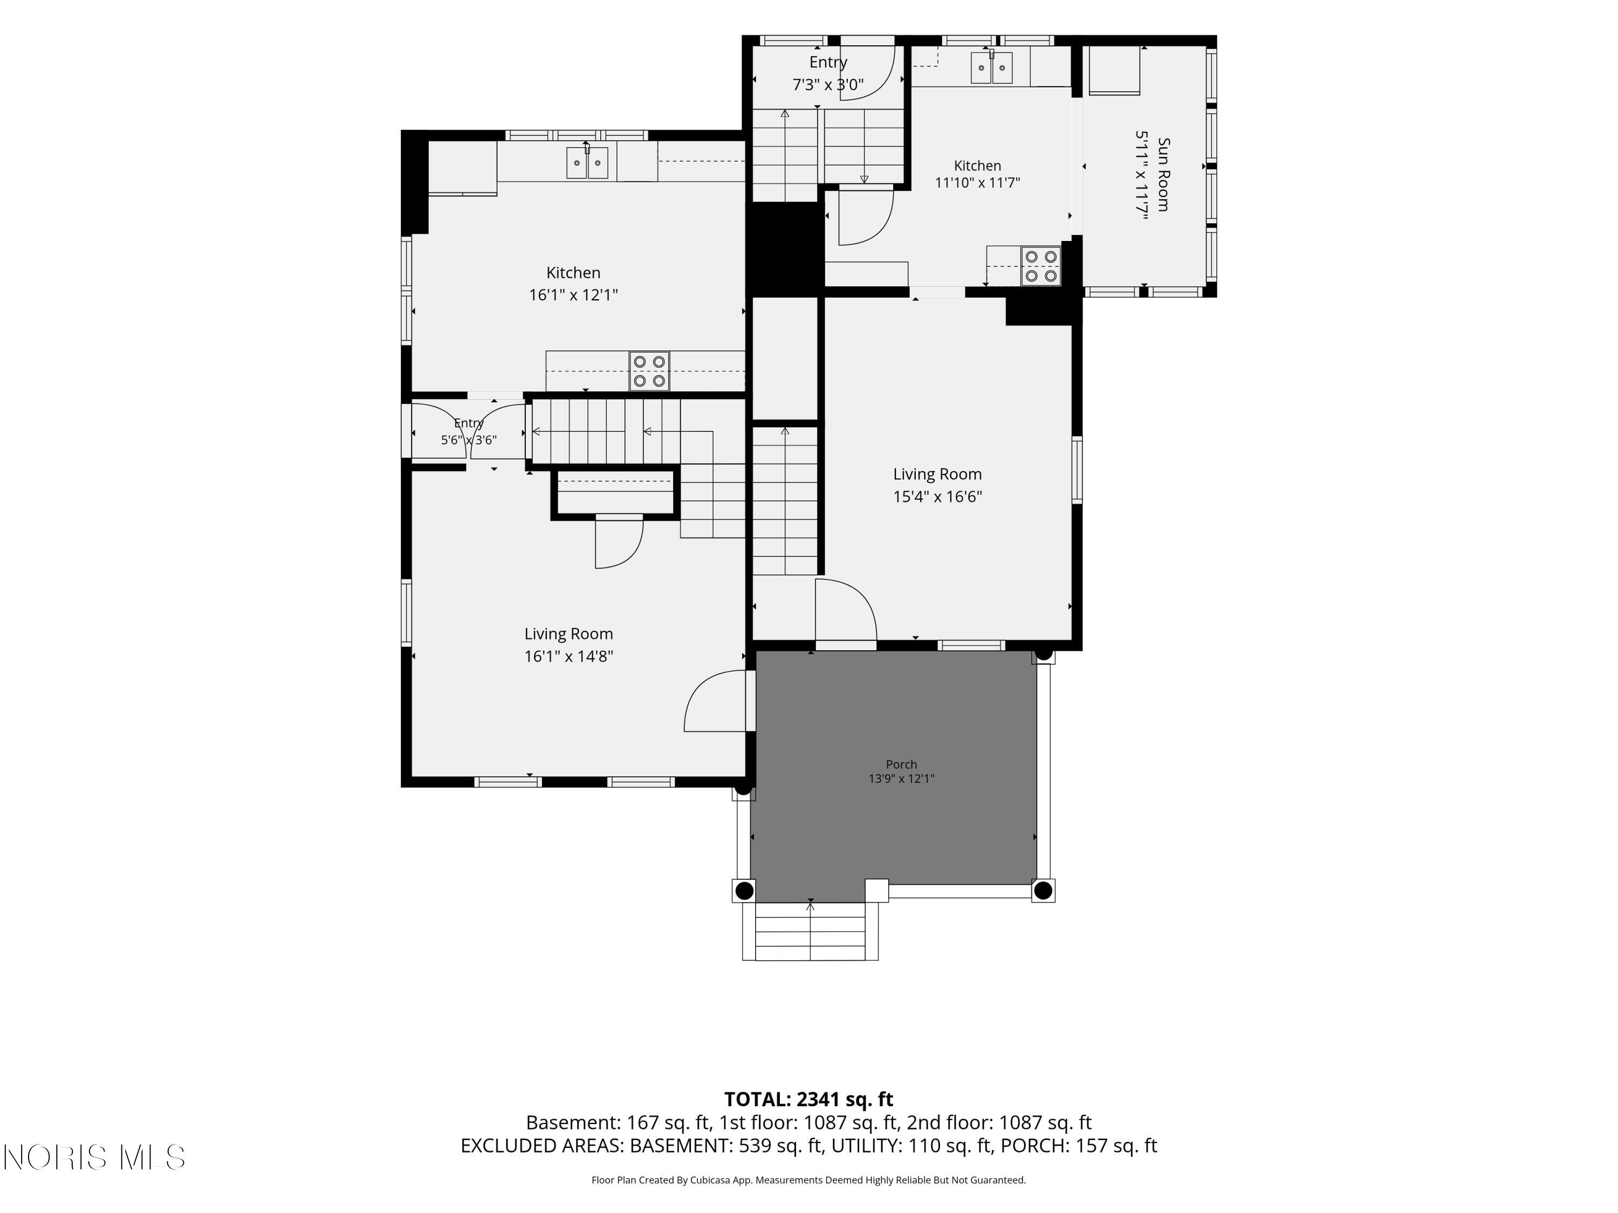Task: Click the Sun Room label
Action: [x=1163, y=175]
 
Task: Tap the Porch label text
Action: [x=901, y=764]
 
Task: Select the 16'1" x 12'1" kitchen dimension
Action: [x=573, y=295]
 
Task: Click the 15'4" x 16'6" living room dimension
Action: [x=937, y=497]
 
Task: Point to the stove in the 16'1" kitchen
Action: [x=649, y=371]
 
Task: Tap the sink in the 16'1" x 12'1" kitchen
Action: [x=587, y=162]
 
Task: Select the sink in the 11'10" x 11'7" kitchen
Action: [x=992, y=67]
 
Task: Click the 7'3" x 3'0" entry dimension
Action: [x=828, y=85]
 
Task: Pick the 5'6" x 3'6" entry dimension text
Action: [x=469, y=440]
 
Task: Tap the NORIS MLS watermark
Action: [x=94, y=1157]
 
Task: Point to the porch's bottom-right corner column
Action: [x=1043, y=891]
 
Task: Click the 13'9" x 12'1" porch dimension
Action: [x=901, y=778]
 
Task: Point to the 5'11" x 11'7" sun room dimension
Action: [x=1141, y=175]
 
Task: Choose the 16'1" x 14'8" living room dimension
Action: [x=568, y=657]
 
